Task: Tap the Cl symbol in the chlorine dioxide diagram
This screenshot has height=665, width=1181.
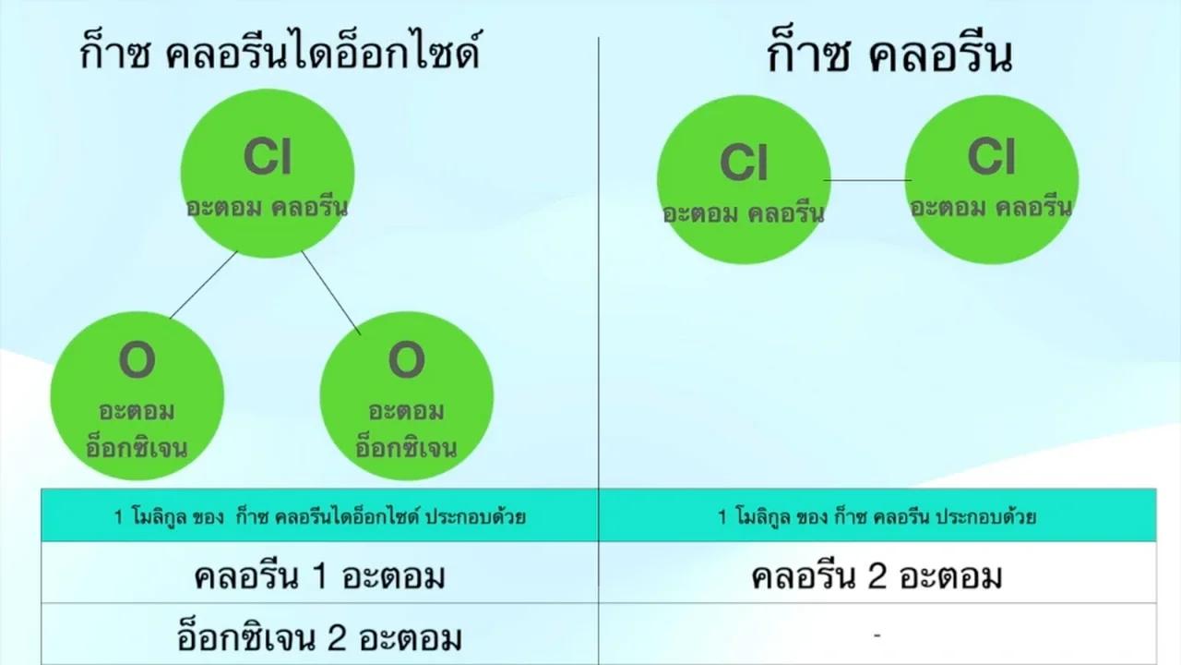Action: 268,157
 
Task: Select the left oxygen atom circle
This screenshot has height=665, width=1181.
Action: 137,396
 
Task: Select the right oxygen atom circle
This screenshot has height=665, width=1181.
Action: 407,396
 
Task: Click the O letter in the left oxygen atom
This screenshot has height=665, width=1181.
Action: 137,360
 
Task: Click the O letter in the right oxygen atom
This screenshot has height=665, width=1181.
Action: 407,360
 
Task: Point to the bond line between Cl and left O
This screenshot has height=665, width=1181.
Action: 204,285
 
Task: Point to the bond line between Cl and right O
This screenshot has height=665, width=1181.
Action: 331,293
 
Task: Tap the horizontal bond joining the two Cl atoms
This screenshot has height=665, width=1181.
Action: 868,180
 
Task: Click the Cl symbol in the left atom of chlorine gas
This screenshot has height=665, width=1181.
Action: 744,163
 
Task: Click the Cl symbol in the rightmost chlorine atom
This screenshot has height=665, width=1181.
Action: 991,156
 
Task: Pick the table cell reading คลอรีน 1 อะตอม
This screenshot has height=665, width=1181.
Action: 319,573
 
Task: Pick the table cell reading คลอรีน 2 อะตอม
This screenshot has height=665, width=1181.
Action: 877,573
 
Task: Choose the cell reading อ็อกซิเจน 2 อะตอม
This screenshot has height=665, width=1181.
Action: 319,635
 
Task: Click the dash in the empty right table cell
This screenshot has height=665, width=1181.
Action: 877,635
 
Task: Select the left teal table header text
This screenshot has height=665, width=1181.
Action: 319,516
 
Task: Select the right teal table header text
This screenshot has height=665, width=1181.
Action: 877,516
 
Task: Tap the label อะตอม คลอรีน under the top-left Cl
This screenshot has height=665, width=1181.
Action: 268,208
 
